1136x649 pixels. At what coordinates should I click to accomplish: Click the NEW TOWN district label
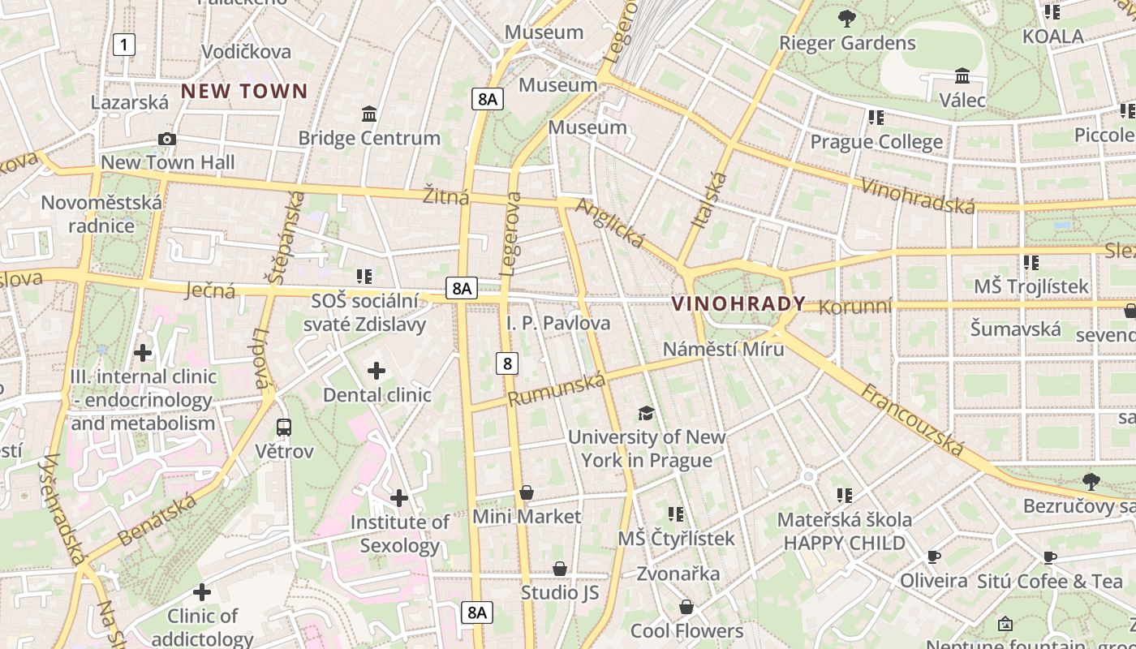click(x=244, y=91)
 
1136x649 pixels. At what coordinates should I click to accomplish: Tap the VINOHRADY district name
click(x=738, y=304)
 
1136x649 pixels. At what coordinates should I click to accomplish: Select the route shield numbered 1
click(x=123, y=44)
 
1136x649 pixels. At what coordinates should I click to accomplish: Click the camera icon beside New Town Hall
click(x=167, y=139)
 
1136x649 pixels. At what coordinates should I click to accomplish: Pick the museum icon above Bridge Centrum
click(x=369, y=114)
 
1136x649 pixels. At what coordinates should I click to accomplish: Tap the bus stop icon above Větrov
click(x=283, y=427)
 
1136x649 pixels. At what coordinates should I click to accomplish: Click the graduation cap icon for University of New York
click(x=646, y=413)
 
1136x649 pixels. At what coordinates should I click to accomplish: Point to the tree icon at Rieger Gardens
click(x=847, y=18)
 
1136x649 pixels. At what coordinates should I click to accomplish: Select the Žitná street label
click(x=446, y=196)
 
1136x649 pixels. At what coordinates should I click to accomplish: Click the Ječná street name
click(x=210, y=290)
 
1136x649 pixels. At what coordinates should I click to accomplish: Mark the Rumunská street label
click(x=557, y=390)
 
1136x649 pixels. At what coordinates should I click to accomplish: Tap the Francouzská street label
click(x=912, y=420)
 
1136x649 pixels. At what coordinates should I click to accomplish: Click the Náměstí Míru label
click(x=723, y=349)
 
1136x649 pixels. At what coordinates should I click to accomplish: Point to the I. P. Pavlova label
click(x=558, y=323)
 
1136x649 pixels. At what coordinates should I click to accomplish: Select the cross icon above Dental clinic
click(x=377, y=371)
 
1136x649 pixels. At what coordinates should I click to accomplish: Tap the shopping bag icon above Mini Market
click(x=527, y=492)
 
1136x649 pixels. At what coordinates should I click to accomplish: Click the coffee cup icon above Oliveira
click(x=933, y=557)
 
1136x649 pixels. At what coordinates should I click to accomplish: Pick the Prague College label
click(x=876, y=142)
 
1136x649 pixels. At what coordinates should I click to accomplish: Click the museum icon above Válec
click(x=962, y=76)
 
